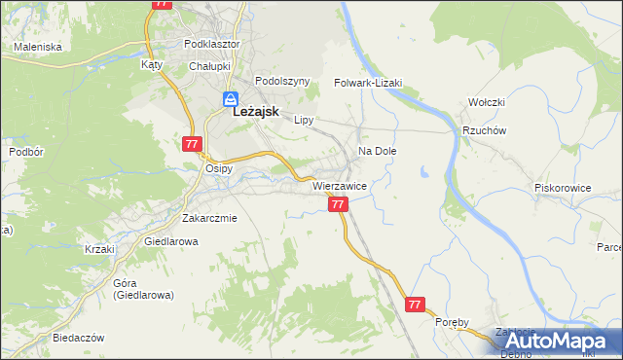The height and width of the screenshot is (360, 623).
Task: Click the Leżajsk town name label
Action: click(x=256, y=112)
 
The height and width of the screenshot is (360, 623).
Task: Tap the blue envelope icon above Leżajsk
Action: click(x=231, y=98)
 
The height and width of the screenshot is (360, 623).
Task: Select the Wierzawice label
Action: click(x=339, y=185)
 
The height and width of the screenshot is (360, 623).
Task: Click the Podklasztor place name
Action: click(x=213, y=45)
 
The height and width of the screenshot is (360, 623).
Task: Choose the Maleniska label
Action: click(x=38, y=47)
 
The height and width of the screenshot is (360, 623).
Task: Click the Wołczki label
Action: click(x=486, y=102)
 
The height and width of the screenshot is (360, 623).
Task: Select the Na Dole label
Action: click(x=378, y=152)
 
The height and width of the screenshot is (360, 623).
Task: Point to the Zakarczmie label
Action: click(x=209, y=218)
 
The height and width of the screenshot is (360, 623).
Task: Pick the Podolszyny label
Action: click(x=281, y=82)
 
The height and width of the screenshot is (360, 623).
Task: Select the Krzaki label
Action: click(x=99, y=249)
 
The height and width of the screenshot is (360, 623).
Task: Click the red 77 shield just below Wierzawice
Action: click(x=338, y=204)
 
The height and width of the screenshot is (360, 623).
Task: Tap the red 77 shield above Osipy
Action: click(x=191, y=144)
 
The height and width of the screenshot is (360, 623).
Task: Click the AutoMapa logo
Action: click(x=557, y=342)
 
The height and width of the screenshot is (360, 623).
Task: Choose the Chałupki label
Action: click(x=208, y=65)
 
